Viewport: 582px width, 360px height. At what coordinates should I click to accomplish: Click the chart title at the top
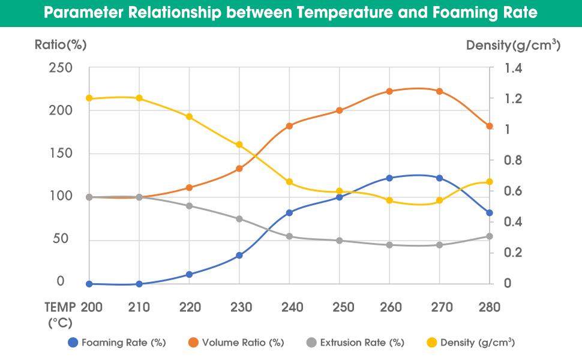point(291,13)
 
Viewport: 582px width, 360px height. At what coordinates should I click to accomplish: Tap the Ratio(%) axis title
point(62,45)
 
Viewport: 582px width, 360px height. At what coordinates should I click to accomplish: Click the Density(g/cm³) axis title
point(513,45)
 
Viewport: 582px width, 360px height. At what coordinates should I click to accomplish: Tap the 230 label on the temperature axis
point(240,307)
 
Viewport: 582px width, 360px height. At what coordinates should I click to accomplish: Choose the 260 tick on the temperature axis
point(391,307)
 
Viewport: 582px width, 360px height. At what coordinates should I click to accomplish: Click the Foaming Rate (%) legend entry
point(117,343)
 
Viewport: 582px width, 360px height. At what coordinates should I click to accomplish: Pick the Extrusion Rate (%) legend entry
point(355,343)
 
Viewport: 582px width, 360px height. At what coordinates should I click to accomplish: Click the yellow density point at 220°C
point(190,116)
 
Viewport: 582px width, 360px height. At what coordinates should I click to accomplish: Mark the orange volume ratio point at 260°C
point(389,91)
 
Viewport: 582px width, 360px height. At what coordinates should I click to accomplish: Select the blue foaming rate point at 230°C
point(239,256)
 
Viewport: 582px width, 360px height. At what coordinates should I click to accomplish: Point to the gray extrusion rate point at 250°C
point(340,241)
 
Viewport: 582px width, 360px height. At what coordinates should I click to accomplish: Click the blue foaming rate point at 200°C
point(89,284)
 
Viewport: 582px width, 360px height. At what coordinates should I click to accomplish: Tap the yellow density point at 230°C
point(239,145)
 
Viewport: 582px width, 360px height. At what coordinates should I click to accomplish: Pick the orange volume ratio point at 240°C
point(290,126)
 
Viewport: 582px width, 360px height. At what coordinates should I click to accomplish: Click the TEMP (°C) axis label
point(60,315)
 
